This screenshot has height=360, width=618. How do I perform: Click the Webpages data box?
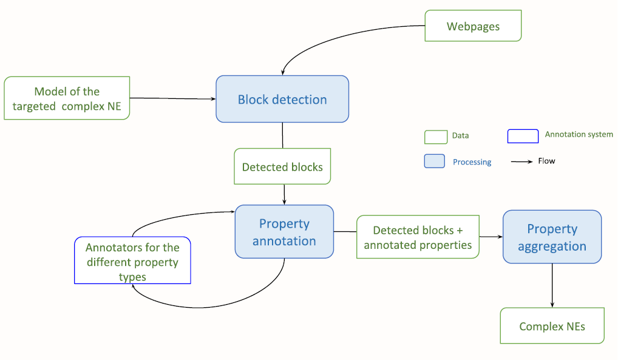tap(473, 26)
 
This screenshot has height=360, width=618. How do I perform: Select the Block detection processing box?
tap(282, 99)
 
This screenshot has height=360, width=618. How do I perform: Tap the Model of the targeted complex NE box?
tap(67, 98)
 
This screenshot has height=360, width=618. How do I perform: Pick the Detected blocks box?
tap(282, 166)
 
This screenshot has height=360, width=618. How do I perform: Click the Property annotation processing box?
tap(284, 232)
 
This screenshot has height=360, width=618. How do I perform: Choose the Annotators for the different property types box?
tap(132, 262)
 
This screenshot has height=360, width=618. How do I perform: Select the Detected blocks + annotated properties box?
tap(418, 237)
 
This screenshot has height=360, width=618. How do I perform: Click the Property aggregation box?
tap(552, 237)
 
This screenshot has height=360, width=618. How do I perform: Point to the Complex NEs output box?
tap(552, 326)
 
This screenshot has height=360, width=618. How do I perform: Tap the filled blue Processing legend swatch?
tap(435, 161)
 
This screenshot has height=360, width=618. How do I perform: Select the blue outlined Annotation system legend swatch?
tap(523, 136)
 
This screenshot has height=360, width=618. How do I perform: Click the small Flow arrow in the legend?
tap(521, 162)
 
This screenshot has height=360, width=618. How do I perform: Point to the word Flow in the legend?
tap(546, 161)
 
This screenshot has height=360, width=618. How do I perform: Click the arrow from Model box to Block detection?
tap(173, 98)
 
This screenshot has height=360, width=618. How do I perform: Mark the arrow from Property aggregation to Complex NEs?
tap(552, 285)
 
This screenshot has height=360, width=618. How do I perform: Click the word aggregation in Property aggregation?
tap(552, 246)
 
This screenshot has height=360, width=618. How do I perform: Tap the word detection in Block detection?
tap(300, 100)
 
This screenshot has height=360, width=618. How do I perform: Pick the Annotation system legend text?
tap(579, 134)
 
